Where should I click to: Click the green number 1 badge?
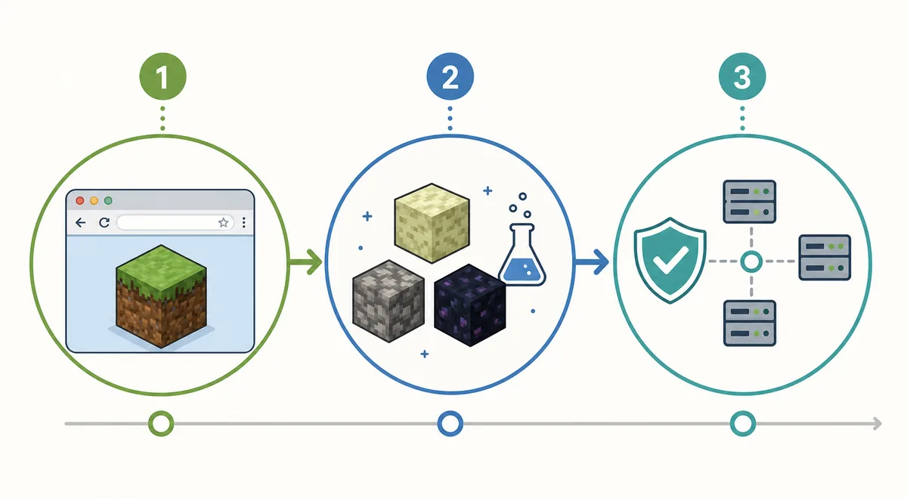point(163,76)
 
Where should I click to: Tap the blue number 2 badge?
point(450,76)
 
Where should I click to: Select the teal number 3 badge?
point(742,76)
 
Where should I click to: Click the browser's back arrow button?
point(81,222)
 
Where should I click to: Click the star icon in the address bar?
point(223,222)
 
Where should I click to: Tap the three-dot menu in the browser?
point(243,222)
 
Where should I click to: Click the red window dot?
point(80,200)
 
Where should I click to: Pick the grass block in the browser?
point(161,296)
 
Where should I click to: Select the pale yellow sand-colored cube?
point(432,223)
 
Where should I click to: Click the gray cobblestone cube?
point(388,302)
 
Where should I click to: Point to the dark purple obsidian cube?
point(470,305)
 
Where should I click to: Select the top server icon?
point(750,202)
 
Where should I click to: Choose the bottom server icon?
point(750,323)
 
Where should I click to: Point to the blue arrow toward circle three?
point(592,262)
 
